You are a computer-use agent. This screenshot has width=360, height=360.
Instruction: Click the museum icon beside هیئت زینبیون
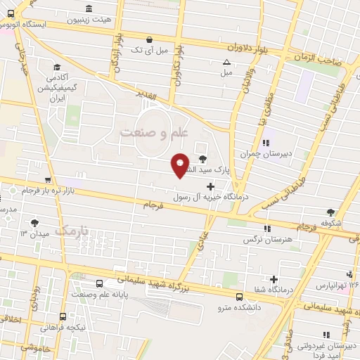(89, 9)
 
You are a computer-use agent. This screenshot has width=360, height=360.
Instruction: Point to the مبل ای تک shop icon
(149, 40)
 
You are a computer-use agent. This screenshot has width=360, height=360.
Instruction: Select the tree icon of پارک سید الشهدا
(204, 158)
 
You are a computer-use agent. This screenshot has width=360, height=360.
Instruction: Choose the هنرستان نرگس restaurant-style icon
(266, 229)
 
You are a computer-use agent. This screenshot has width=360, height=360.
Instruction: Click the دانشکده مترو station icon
(239, 297)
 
